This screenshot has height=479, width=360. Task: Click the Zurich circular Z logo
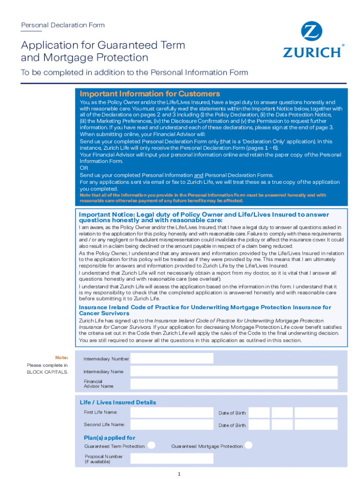[312, 32]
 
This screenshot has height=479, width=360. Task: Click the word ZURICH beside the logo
[312, 51]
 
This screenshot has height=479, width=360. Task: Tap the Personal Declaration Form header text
[63, 25]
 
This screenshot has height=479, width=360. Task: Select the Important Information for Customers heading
[150, 94]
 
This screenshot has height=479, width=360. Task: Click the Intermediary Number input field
[172, 359]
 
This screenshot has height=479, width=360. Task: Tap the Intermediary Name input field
[234, 371]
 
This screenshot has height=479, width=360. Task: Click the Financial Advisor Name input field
[234, 384]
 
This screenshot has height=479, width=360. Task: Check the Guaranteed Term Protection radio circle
[151, 445]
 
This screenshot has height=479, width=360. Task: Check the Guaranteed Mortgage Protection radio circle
[249, 445]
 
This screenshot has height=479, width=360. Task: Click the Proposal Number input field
[172, 458]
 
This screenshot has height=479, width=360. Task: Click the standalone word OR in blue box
[84, 168]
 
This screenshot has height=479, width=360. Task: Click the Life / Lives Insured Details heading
[118, 402]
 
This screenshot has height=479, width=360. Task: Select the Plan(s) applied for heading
[109, 438]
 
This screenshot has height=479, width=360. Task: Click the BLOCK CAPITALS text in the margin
[47, 372]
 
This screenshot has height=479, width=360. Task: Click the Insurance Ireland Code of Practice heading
[205, 310]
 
